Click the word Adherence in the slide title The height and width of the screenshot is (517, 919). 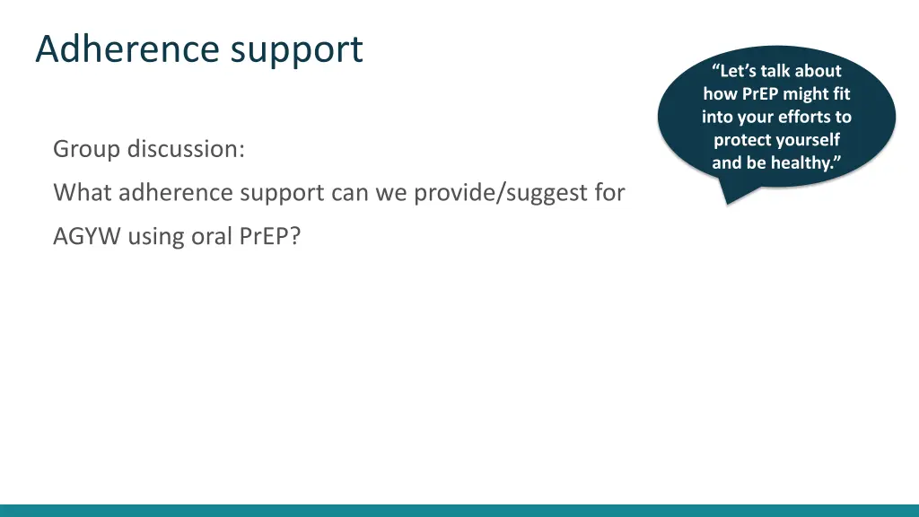point(128,48)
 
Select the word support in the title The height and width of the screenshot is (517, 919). point(296,50)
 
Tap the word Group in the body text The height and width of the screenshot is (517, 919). point(86,149)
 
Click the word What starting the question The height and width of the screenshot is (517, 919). point(83,192)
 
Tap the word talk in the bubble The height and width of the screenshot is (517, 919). point(778,71)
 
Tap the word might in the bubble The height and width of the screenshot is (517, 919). point(805,94)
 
